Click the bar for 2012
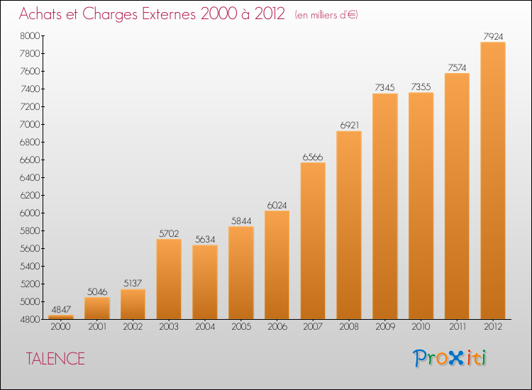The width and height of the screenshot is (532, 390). coord(492,181)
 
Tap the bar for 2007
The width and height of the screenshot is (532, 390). coord(313,240)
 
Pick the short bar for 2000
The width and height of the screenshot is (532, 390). coord(61,317)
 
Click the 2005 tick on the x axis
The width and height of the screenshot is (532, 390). coord(240,326)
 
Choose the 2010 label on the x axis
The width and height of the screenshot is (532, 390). coord(421,326)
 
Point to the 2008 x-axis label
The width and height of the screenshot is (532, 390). coord(348,326)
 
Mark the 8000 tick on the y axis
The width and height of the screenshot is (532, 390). coord(31,35)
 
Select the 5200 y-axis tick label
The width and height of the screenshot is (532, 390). coord(31,284)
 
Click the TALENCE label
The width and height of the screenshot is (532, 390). coord(55,359)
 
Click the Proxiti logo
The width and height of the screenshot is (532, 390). coord(450,358)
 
